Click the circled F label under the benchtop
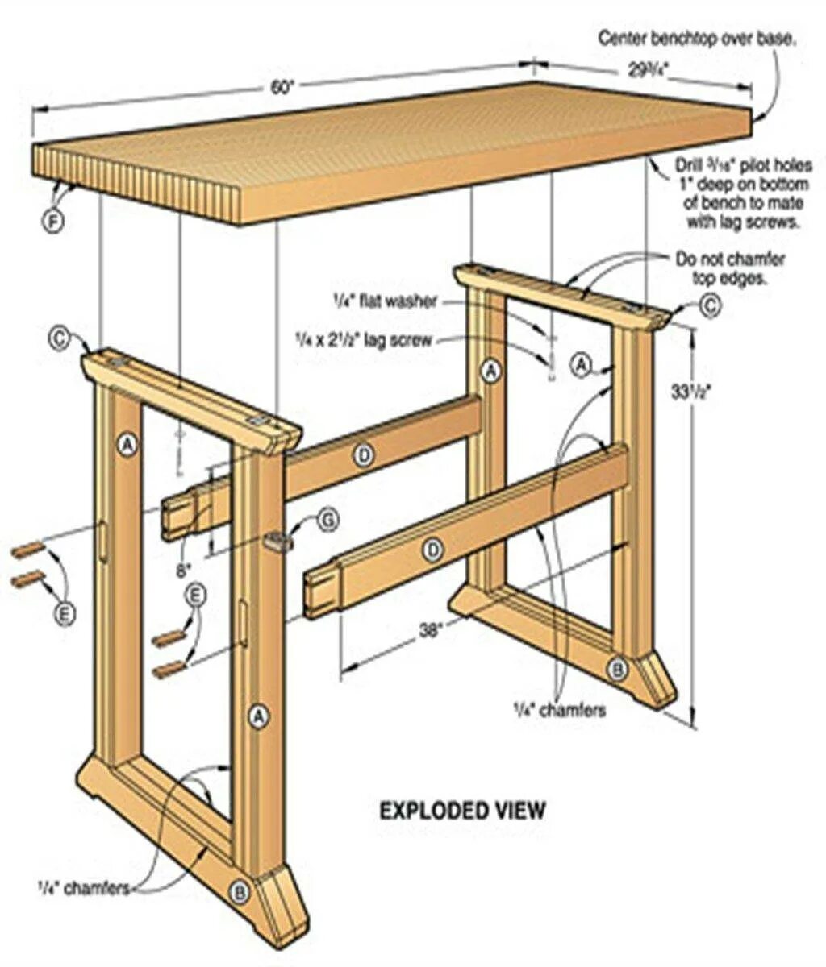click(x=52, y=220)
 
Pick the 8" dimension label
click(x=185, y=570)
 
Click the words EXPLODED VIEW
click(x=462, y=809)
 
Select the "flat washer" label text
click(x=386, y=302)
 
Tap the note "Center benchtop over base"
click(x=698, y=37)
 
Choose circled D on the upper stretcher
click(x=364, y=457)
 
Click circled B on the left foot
click(x=239, y=891)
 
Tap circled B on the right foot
click(x=616, y=667)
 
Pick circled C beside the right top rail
click(x=709, y=305)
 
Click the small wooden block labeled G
click(x=276, y=542)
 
